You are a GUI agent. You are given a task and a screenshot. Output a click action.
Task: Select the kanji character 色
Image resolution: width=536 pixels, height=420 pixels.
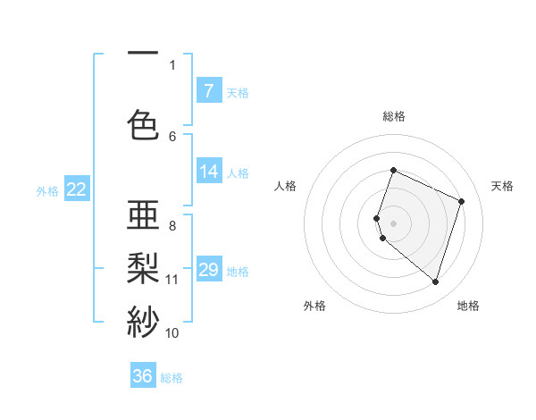[x=143, y=124]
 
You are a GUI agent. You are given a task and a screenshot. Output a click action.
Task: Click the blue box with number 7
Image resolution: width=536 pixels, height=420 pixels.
[x=208, y=91]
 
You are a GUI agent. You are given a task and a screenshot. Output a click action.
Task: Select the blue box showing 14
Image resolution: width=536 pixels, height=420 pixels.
[x=208, y=172]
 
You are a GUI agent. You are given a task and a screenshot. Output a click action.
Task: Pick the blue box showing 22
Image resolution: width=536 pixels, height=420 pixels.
[x=76, y=189]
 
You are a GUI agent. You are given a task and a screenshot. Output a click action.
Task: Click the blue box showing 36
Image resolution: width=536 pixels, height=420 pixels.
[x=142, y=376]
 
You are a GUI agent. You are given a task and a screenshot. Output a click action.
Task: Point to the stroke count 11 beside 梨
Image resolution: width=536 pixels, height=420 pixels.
[x=172, y=280]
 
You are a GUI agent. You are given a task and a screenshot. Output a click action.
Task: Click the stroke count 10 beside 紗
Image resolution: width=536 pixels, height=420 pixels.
[x=172, y=333]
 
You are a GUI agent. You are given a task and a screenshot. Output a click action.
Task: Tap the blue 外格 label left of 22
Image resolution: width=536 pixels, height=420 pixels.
[x=47, y=190]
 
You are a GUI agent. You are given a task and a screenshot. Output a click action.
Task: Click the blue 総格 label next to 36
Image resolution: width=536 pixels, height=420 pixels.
[x=172, y=378]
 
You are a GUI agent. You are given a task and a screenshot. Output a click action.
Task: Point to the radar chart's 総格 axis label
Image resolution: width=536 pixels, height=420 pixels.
[x=394, y=116]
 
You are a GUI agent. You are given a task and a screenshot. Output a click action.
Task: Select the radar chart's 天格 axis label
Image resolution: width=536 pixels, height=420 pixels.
[x=502, y=186]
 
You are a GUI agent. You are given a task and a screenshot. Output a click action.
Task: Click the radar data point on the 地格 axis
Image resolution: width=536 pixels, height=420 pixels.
[x=435, y=282]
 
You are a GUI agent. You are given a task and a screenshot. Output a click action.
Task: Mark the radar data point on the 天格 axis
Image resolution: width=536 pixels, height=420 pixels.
[x=462, y=201]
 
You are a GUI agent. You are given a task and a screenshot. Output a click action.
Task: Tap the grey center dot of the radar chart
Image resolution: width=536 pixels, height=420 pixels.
[x=394, y=223]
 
